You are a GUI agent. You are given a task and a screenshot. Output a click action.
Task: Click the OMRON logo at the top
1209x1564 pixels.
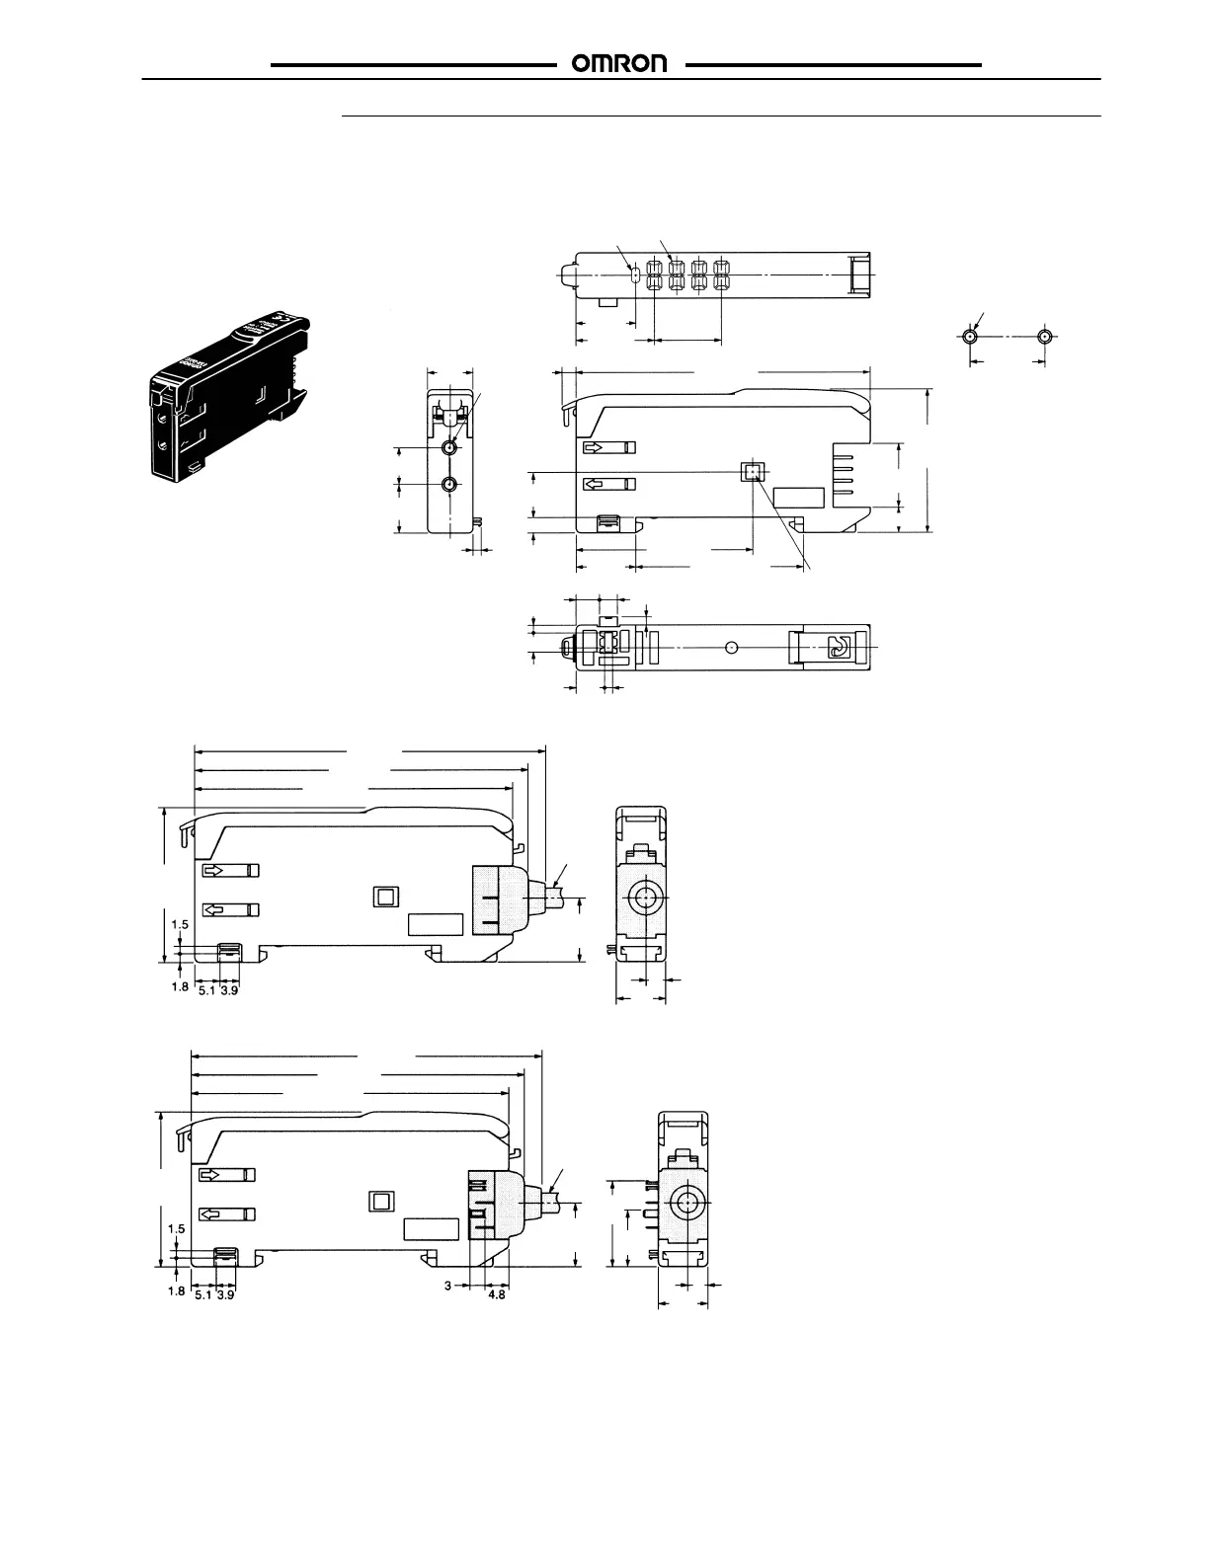coord(620,64)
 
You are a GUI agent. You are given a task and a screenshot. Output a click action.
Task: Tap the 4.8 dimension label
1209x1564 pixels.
coord(497,1294)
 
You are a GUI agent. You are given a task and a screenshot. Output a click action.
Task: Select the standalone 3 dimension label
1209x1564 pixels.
coord(447,1287)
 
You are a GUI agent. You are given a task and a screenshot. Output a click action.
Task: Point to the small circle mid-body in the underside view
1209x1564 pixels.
coord(731,647)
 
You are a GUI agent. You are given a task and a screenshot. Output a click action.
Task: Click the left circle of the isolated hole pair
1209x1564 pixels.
coord(970,336)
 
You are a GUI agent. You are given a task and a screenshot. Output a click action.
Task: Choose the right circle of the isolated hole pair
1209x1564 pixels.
coord(1045,336)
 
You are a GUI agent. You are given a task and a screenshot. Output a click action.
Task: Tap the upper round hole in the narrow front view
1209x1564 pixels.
coord(450,448)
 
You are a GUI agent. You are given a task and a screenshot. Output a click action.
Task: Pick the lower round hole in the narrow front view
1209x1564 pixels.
coord(450,484)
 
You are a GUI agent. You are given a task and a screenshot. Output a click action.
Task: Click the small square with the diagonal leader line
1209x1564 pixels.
coord(754,472)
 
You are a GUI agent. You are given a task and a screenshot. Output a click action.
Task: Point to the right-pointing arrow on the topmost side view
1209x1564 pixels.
coord(609,447)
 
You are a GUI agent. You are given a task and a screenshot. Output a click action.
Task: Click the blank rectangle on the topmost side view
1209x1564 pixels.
coord(798,500)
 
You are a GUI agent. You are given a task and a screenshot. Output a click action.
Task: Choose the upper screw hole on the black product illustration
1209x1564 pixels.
coord(163,418)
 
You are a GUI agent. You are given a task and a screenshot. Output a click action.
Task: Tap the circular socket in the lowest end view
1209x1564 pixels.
coord(685,1204)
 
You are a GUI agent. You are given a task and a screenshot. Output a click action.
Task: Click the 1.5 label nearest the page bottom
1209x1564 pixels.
coord(177,1228)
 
